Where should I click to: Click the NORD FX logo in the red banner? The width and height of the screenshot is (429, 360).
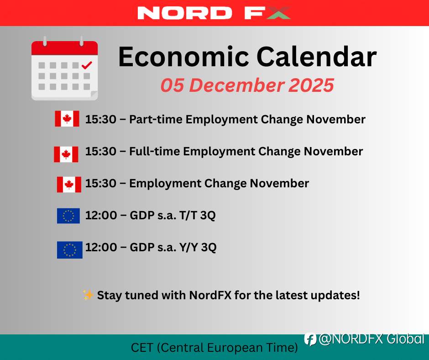tap(214, 13)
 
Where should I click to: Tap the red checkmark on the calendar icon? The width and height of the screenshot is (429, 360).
tap(87, 65)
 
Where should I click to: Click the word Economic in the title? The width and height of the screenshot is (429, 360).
tap(183, 57)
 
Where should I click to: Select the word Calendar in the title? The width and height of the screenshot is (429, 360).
tap(317, 57)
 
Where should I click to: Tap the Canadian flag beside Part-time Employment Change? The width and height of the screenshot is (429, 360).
tap(67, 119)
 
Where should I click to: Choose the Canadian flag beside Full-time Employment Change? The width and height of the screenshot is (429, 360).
tap(66, 154)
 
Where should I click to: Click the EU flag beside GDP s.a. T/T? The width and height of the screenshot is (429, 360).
tap(68, 216)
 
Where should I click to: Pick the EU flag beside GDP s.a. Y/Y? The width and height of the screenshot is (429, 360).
tap(69, 250)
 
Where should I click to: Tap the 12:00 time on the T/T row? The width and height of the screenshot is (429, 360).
tap(101, 215)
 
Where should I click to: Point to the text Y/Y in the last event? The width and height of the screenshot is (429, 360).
tap(189, 248)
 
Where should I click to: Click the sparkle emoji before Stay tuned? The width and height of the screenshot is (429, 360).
tap(88, 295)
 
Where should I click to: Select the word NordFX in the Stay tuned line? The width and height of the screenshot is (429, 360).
tap(210, 295)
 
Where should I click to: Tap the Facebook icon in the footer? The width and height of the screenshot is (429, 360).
tap(310, 339)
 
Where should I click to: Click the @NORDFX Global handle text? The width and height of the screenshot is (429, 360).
tap(371, 339)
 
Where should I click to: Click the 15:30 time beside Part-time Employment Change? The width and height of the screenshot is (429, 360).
tap(101, 119)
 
